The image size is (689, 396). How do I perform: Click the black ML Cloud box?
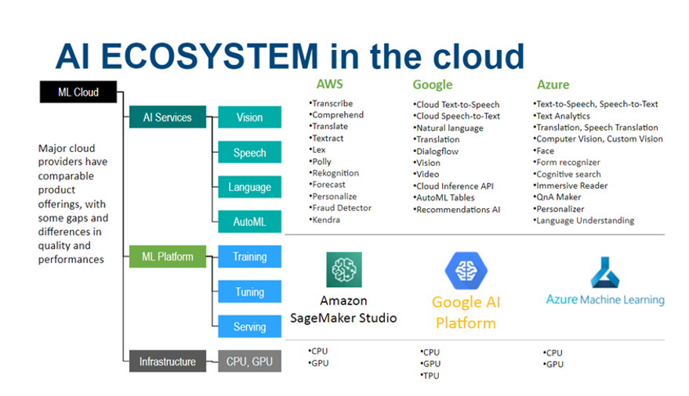78,92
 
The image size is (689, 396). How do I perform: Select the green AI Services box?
167,117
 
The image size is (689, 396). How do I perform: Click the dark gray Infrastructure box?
167,362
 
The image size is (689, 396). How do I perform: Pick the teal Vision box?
249,117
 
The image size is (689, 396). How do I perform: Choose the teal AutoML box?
249,222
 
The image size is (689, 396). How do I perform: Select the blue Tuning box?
249,292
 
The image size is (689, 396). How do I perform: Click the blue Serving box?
249,327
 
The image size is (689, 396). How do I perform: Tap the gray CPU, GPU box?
249,362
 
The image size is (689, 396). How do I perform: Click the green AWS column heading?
329,85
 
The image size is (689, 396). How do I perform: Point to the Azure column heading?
553,85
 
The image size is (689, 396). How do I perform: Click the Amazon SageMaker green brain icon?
344,270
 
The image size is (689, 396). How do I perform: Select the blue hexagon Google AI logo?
466,271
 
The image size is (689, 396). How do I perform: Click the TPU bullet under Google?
431,376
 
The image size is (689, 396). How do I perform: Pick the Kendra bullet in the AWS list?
327,220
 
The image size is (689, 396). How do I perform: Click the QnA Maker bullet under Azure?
558,197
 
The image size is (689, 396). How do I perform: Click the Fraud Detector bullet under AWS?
341,208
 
